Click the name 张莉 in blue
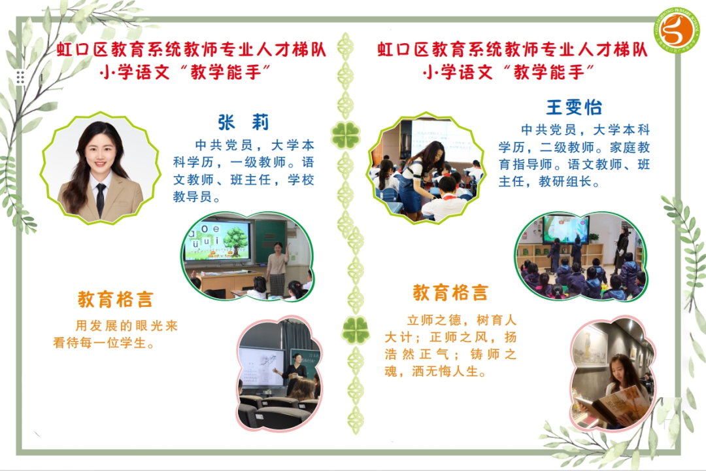[243, 122]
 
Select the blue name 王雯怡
[574, 107]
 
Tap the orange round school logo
[678, 29]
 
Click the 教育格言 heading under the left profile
[116, 299]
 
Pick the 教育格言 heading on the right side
[450, 292]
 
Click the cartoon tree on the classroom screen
[233, 241]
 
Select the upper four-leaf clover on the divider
[345, 134]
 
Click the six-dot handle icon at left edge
[20, 77]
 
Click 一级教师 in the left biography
[258, 162]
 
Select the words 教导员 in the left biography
[192, 196]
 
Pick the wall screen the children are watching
[565, 230]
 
